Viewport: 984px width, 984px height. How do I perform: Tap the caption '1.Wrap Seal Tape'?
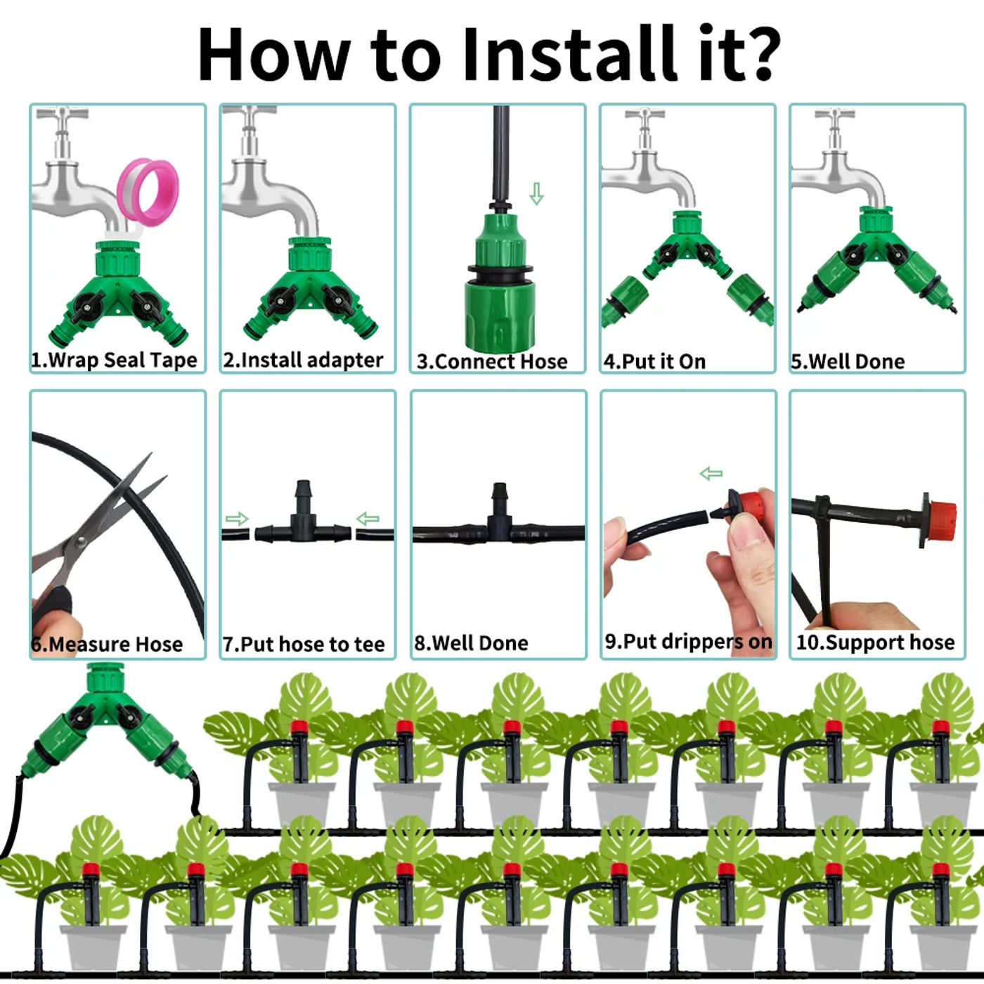click(x=114, y=360)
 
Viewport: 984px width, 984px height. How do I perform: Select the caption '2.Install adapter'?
click(x=304, y=360)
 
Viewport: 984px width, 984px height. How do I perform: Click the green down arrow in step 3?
click(x=536, y=193)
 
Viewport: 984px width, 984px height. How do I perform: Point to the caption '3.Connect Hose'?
click(x=492, y=361)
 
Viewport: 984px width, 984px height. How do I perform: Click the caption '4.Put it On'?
click(x=654, y=361)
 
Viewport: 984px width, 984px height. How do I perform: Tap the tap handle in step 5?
click(x=835, y=113)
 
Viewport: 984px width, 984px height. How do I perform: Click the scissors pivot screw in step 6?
click(x=81, y=541)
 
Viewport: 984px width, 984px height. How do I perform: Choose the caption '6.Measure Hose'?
click(x=107, y=644)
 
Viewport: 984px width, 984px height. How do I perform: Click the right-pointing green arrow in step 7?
click(x=236, y=519)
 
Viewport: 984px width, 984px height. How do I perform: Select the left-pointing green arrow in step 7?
click(x=368, y=519)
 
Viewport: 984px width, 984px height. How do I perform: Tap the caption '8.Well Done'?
click(x=471, y=643)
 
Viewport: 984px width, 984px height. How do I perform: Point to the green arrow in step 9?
click(x=711, y=473)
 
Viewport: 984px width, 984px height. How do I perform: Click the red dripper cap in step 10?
click(x=942, y=519)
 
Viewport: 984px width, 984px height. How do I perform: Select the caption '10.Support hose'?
click(x=875, y=642)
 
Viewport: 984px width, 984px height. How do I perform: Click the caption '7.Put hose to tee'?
click(x=304, y=644)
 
